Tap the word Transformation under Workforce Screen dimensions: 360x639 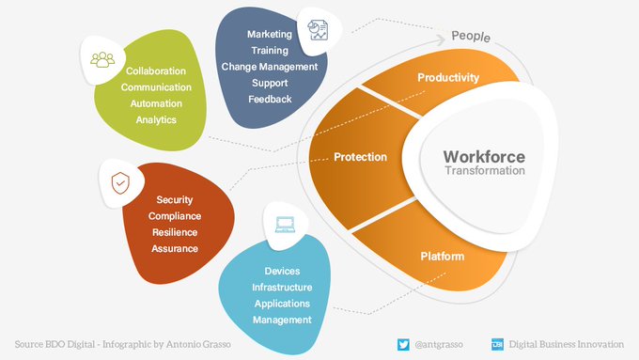(x=484, y=172)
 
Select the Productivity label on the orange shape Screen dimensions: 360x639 (x=448, y=77)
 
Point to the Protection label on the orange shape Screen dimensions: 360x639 (x=360, y=157)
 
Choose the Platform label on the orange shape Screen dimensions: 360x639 (x=442, y=255)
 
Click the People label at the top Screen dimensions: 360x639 (x=471, y=36)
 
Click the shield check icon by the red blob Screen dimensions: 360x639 (x=120, y=182)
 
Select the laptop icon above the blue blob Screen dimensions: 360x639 (x=283, y=226)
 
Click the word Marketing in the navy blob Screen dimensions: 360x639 (x=270, y=35)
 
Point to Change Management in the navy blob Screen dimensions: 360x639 (x=270, y=67)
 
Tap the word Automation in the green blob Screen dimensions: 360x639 (x=156, y=103)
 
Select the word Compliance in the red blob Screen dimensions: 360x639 (x=175, y=216)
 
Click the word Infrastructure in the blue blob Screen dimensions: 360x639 (x=282, y=288)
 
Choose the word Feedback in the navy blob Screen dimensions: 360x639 (x=270, y=99)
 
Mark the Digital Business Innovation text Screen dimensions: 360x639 (x=567, y=344)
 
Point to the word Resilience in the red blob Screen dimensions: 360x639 (x=175, y=232)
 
